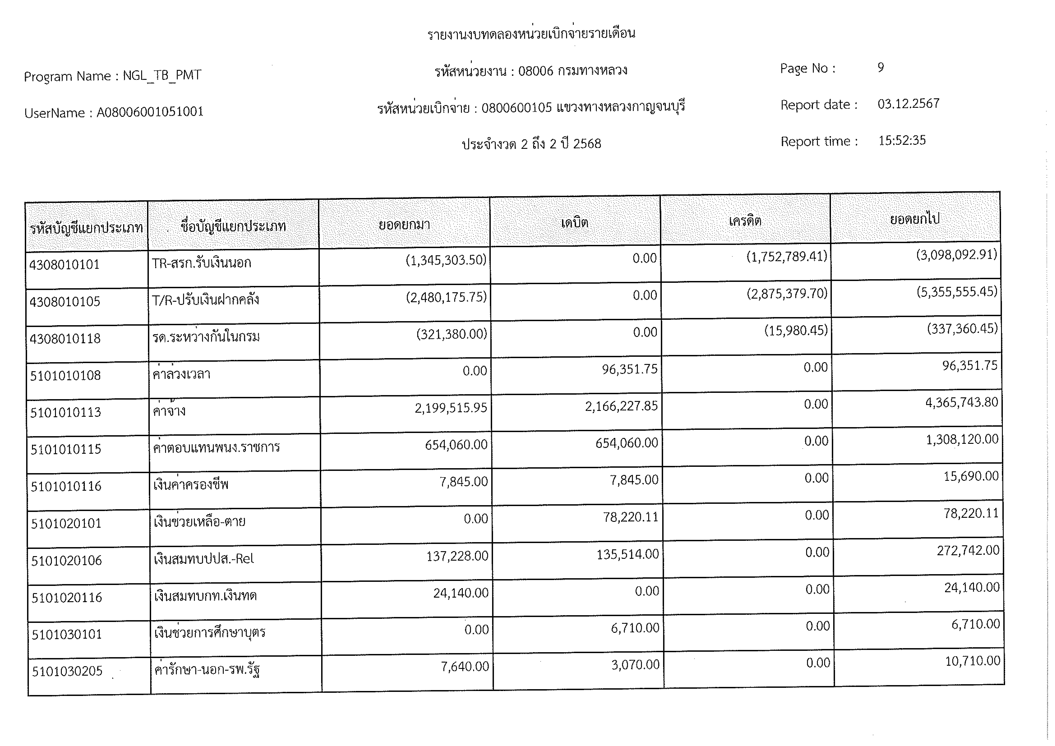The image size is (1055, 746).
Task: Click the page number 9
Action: tap(880, 68)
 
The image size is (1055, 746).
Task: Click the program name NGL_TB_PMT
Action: tap(162, 75)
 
